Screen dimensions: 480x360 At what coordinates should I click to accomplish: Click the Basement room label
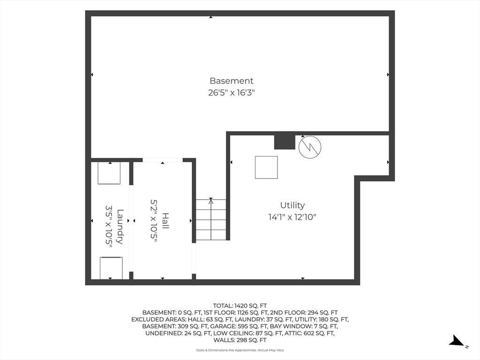point(232,81)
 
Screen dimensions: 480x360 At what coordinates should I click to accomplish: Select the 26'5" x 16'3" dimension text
point(232,92)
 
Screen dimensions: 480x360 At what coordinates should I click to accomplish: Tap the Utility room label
point(292,205)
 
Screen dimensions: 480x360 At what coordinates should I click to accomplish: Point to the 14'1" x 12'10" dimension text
point(292,217)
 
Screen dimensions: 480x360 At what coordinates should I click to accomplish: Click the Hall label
point(165,221)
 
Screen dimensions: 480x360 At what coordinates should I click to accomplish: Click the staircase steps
point(211,219)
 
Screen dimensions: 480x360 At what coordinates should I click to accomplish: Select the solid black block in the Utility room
point(285,142)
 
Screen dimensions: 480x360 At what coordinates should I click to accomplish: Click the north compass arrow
point(457,341)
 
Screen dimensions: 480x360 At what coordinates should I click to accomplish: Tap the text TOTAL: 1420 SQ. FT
point(240,306)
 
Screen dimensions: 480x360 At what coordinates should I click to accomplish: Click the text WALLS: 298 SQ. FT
point(240,340)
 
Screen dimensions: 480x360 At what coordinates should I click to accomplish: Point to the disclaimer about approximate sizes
point(240,350)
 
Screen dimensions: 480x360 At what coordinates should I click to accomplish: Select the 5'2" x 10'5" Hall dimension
point(154,221)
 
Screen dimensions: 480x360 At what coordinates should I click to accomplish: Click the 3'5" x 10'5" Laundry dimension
point(109,226)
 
